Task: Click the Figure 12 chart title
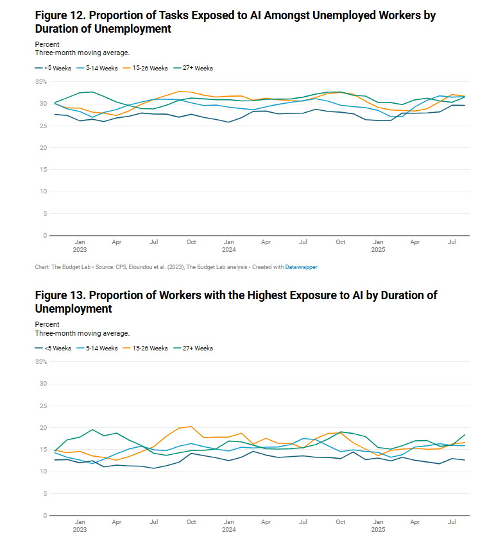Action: [x=235, y=22]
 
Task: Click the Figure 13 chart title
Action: [x=235, y=301]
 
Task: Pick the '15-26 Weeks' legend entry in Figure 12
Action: [x=149, y=68]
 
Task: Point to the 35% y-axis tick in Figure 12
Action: [x=41, y=82]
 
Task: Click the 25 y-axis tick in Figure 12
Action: [x=43, y=126]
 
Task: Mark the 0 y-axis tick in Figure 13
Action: [x=45, y=515]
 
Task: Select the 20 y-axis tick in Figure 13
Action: [x=43, y=427]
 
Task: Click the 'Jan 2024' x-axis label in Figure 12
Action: [x=228, y=246]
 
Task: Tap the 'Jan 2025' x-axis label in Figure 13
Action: [x=378, y=526]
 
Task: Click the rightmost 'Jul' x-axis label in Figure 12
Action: [x=452, y=242]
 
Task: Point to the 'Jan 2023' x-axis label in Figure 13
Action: [x=80, y=526]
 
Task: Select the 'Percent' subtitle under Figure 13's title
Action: [x=47, y=325]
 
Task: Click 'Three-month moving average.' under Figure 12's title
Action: [x=82, y=53]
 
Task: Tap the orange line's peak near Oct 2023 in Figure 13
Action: [x=191, y=427]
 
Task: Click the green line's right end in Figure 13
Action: [x=464, y=435]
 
